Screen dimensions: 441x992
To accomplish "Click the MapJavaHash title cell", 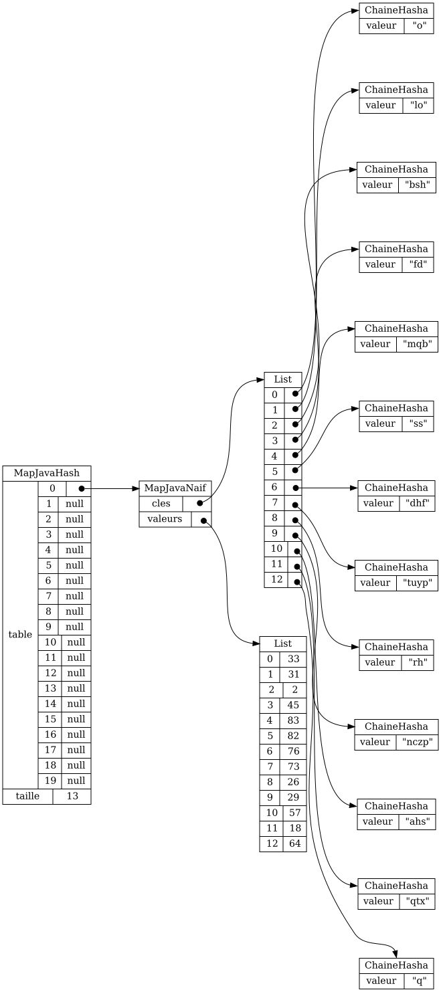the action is click(47, 473).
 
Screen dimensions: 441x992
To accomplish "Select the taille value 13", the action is click(72, 796).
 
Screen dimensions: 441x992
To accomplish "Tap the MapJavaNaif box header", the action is click(175, 488).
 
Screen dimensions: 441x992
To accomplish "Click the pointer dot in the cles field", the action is click(200, 503).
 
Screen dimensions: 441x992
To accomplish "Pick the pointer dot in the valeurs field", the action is click(204, 520).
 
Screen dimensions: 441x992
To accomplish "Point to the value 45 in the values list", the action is click(293, 704).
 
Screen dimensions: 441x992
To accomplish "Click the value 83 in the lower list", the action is click(293, 720).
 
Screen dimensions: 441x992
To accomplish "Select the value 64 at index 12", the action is click(294, 844).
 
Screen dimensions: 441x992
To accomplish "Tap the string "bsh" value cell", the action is click(417, 185).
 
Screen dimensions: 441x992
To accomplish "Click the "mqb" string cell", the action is click(417, 344).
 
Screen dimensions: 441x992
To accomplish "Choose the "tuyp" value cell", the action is click(417, 583).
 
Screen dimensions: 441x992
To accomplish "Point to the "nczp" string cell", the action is click(417, 742).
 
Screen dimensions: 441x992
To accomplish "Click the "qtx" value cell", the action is click(417, 901).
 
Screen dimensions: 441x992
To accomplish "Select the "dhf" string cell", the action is click(417, 503).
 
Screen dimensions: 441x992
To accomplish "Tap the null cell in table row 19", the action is click(76, 781).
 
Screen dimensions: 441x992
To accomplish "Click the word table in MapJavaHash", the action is click(20, 634).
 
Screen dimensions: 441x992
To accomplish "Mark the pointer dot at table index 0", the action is click(82, 488).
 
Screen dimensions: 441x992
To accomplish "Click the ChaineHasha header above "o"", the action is click(396, 10).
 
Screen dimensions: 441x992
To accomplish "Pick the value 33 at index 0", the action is click(293, 658).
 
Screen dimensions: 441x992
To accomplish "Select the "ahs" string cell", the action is click(418, 821).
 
